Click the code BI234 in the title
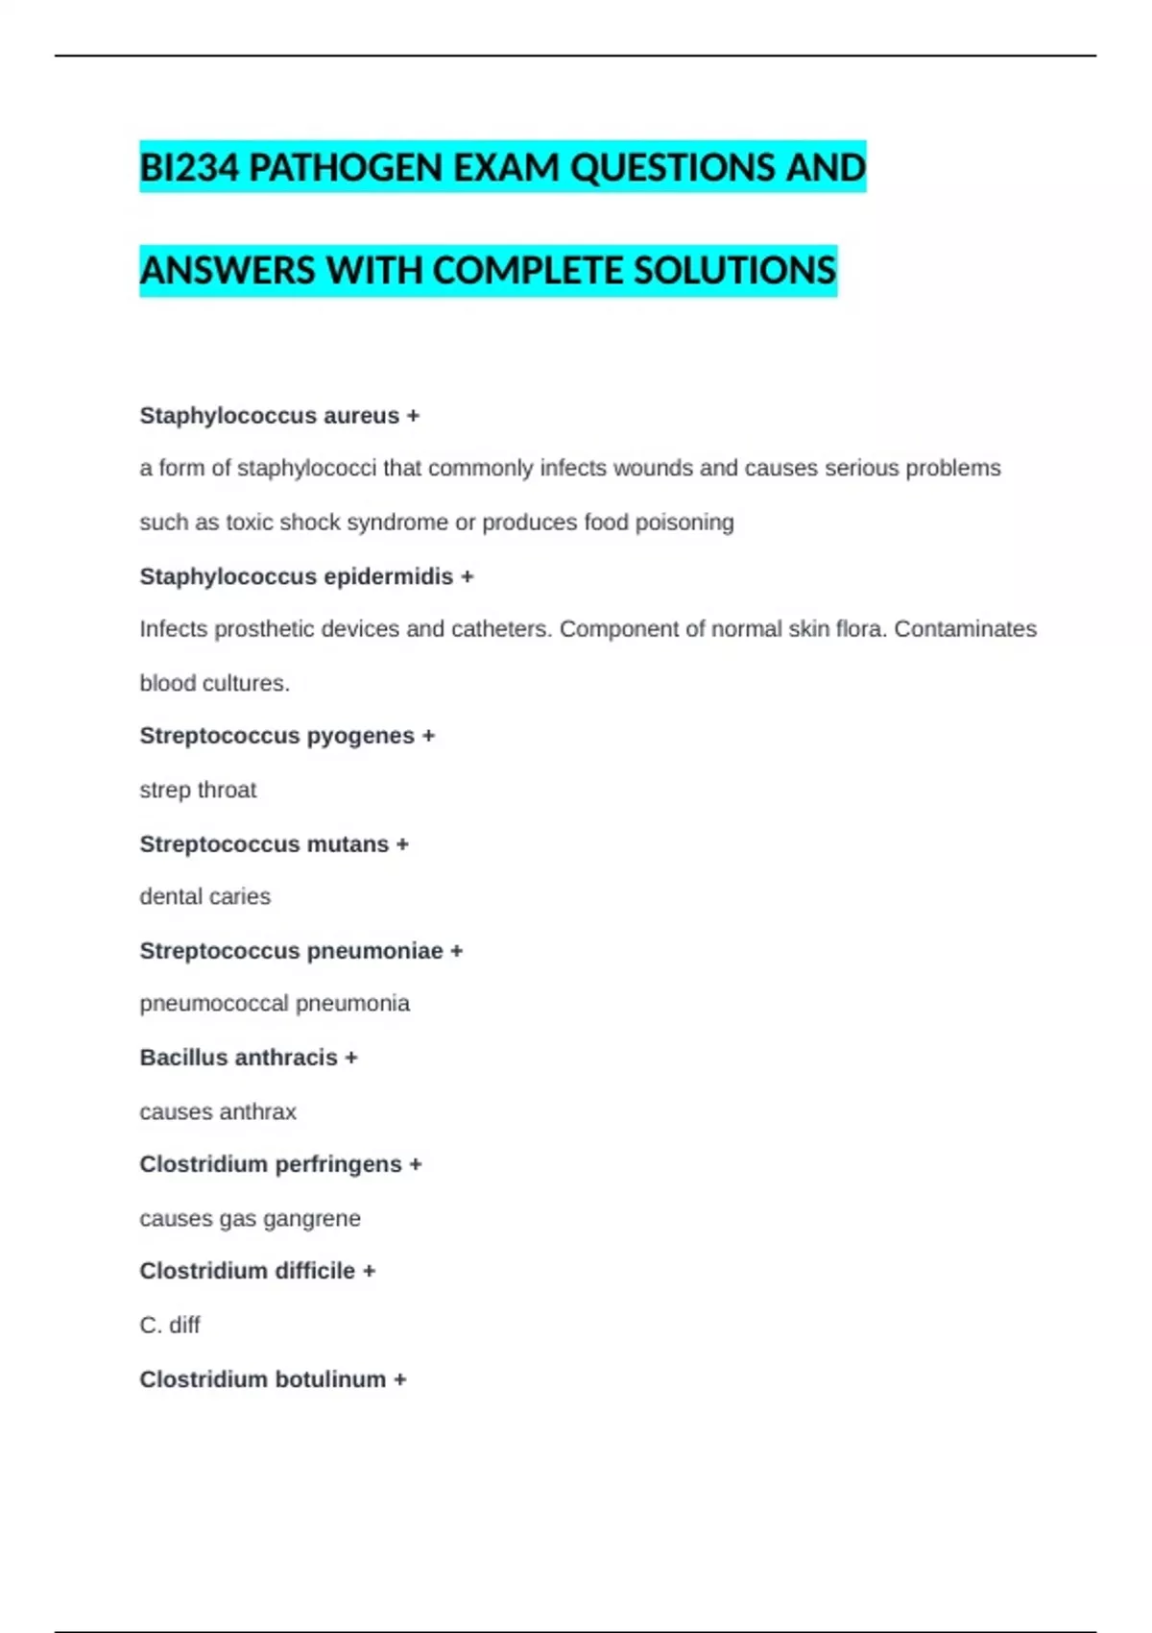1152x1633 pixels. click(189, 168)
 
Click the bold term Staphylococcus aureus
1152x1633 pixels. click(269, 416)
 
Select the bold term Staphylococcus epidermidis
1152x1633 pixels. click(296, 576)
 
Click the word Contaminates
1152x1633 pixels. click(965, 629)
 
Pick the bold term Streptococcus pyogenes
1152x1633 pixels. click(276, 736)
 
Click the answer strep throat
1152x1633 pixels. click(198, 790)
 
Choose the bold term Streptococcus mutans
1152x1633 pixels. click(264, 844)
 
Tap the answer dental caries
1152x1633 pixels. click(204, 896)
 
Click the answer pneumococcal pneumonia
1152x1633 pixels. click(275, 1004)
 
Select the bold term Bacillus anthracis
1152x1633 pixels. click(238, 1058)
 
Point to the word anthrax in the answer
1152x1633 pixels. click(257, 1111)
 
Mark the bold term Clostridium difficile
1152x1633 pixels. click(247, 1271)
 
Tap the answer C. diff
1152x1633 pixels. click(170, 1326)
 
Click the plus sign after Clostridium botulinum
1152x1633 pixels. click(399, 1379)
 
